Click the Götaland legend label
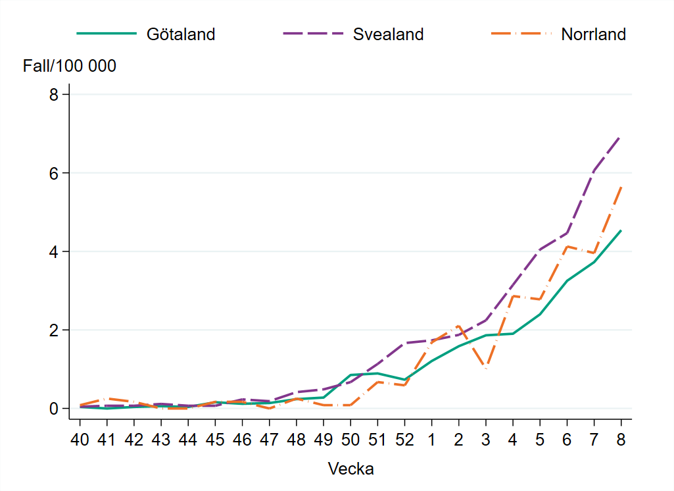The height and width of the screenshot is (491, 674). [180, 34]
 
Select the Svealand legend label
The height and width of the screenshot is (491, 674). [388, 34]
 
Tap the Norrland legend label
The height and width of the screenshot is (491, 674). [593, 34]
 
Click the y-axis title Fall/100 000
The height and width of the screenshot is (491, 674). [70, 66]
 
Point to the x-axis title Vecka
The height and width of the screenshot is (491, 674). [350, 469]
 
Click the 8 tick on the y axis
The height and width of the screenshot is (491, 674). [55, 95]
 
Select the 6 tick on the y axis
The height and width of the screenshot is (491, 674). [55, 173]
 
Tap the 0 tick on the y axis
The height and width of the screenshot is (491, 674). [55, 409]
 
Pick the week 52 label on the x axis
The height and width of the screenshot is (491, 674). [404, 440]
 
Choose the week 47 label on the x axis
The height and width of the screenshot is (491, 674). [269, 440]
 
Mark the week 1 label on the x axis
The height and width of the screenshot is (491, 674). [431, 440]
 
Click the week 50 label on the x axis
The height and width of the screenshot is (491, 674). [350, 440]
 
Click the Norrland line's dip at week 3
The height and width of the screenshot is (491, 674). [486, 369]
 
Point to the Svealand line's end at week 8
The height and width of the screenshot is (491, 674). [621, 136]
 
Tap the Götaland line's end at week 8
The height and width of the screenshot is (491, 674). [621, 230]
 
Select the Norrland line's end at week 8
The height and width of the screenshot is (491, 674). [621, 186]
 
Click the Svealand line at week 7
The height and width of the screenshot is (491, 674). [594, 170]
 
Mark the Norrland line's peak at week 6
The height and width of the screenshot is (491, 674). [567, 246]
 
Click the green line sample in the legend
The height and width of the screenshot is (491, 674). [107, 34]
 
